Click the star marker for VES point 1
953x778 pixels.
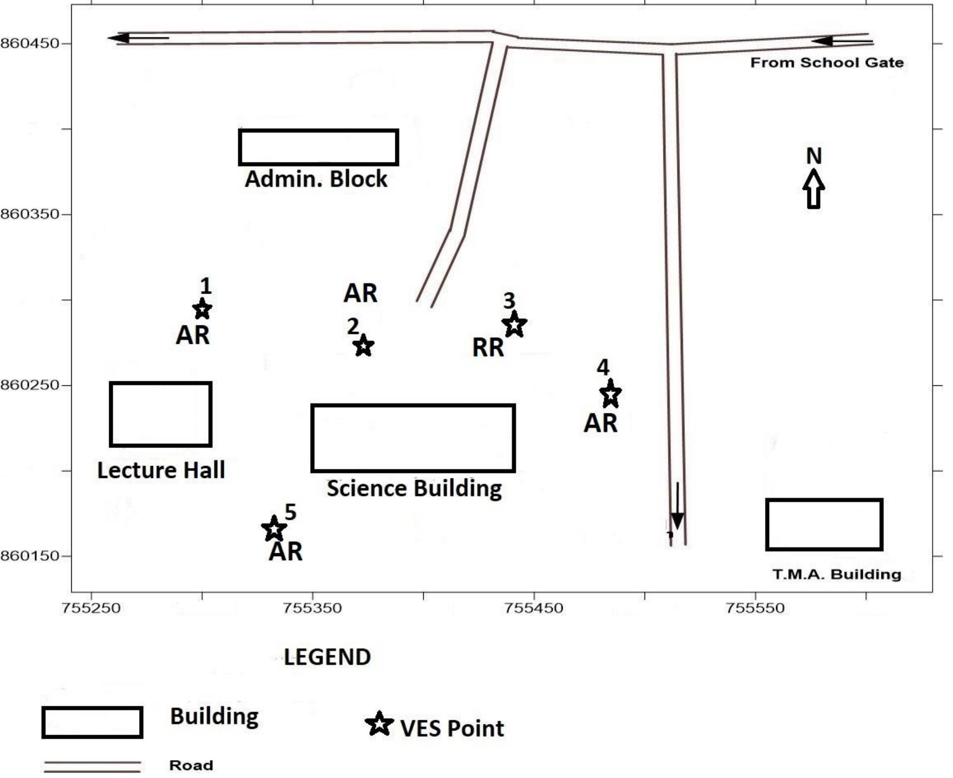click(202, 309)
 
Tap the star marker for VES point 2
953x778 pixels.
click(364, 345)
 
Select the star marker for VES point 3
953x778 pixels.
click(514, 324)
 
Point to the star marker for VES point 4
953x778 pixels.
click(611, 394)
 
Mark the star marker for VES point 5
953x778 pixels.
click(274, 529)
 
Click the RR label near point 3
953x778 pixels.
click(488, 347)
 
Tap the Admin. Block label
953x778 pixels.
click(316, 179)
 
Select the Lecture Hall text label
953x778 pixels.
click(161, 470)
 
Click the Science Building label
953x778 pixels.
click(414, 488)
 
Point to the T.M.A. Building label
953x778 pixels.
click(837, 574)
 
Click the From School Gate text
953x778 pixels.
click(827, 63)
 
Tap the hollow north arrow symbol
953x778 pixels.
click(813, 189)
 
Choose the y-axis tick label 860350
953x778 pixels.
click(30, 214)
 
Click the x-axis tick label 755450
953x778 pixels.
click(534, 608)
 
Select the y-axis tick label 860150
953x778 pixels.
click(30, 556)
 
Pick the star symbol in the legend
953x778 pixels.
click(379, 724)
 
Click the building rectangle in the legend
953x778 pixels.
click(92, 722)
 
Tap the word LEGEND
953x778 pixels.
click(327, 657)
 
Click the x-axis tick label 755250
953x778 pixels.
click(91, 608)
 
